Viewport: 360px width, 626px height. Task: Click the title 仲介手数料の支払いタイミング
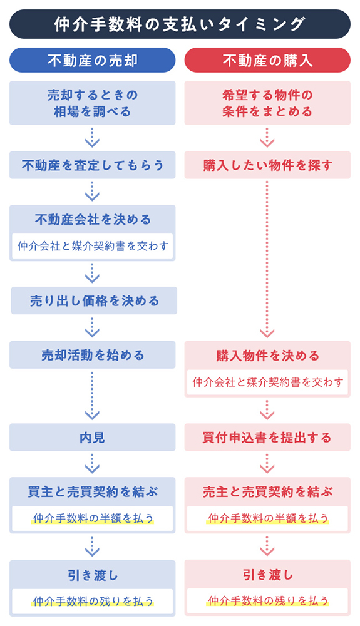tap(180, 24)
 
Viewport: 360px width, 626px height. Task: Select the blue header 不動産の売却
tap(92, 61)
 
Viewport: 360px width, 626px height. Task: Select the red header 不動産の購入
tap(267, 61)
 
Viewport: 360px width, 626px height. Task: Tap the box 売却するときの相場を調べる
tap(92, 103)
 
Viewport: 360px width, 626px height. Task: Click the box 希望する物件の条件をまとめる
tap(267, 103)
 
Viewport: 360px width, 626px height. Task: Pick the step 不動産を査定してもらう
tap(92, 165)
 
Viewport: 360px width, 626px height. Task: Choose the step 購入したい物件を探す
tap(267, 165)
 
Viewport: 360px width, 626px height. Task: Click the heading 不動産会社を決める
tap(92, 220)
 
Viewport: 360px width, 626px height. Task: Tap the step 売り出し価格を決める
tap(94, 301)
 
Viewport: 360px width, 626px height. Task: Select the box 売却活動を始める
tap(92, 355)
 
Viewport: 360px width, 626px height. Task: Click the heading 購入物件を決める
tap(267, 356)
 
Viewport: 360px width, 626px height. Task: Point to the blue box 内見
tap(92, 438)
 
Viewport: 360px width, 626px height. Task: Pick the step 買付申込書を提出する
tap(267, 438)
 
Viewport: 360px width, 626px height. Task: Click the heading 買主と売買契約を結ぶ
tap(92, 491)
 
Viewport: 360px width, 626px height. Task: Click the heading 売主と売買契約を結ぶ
tap(267, 491)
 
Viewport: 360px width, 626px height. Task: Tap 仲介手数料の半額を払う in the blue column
tap(93, 518)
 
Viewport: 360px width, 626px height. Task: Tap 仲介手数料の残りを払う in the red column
tap(268, 600)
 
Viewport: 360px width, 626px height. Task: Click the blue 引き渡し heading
tap(92, 574)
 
